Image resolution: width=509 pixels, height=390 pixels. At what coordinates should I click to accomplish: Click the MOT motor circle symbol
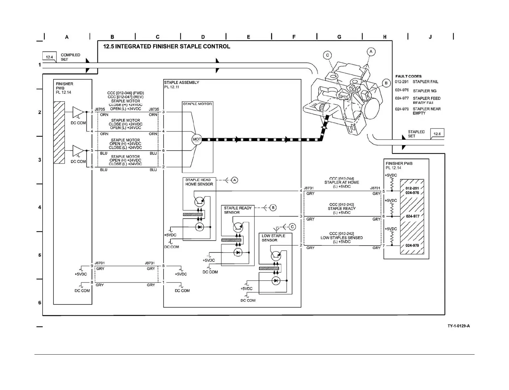[197, 139]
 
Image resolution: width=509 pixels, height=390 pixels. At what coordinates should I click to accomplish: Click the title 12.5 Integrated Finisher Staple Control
[167, 47]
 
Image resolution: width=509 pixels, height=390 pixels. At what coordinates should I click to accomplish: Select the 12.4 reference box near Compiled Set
[49, 57]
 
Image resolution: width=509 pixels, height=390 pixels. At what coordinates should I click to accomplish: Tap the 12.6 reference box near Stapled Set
[437, 134]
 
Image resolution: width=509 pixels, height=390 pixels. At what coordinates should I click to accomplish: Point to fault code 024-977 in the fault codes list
[402, 98]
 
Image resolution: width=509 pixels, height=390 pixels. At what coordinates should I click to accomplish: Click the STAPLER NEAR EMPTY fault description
[426, 111]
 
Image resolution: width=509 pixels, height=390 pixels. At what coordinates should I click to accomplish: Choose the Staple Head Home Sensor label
[199, 182]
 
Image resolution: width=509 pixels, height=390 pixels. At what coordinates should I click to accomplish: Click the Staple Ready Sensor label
[238, 210]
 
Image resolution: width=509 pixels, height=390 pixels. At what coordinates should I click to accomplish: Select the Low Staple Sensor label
[273, 238]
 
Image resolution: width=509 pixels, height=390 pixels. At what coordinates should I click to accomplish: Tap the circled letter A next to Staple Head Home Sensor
[234, 180]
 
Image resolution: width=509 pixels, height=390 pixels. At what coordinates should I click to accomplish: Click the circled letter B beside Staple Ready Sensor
[273, 208]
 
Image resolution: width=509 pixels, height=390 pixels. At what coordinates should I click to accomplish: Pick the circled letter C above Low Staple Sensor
[292, 227]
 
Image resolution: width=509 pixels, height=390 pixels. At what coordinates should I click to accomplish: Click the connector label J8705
[100, 109]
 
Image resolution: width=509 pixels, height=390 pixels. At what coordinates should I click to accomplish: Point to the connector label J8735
[154, 109]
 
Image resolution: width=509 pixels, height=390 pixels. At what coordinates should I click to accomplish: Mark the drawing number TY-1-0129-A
[458, 326]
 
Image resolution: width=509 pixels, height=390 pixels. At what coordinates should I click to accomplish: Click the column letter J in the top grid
[430, 37]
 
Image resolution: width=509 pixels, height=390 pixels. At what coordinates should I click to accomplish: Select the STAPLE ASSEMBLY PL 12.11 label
[181, 85]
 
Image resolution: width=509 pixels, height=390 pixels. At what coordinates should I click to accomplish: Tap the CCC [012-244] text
[341, 179]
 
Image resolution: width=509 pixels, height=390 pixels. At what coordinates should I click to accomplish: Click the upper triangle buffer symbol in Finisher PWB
[78, 112]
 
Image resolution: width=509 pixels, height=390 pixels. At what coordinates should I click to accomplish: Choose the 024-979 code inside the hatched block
[412, 245]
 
